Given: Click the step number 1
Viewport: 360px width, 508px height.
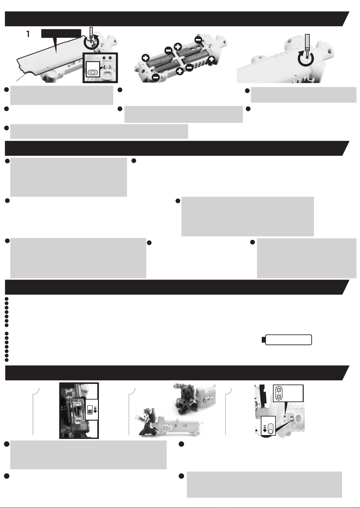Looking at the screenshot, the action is [x=28, y=34].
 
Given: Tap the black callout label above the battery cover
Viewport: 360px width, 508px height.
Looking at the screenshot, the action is [x=61, y=33].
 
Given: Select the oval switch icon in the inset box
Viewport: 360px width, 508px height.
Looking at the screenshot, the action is [x=93, y=72].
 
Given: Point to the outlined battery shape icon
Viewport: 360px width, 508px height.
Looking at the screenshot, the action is [x=287, y=340].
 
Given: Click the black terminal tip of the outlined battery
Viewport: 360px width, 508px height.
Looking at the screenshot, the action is [x=263, y=340].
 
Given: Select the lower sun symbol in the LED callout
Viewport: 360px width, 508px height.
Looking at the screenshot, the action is [x=278, y=396].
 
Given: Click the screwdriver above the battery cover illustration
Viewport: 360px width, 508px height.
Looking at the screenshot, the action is [x=91, y=33].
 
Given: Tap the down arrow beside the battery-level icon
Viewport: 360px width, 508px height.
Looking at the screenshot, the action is [x=95, y=409].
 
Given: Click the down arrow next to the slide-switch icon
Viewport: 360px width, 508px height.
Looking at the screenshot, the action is [x=265, y=428].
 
